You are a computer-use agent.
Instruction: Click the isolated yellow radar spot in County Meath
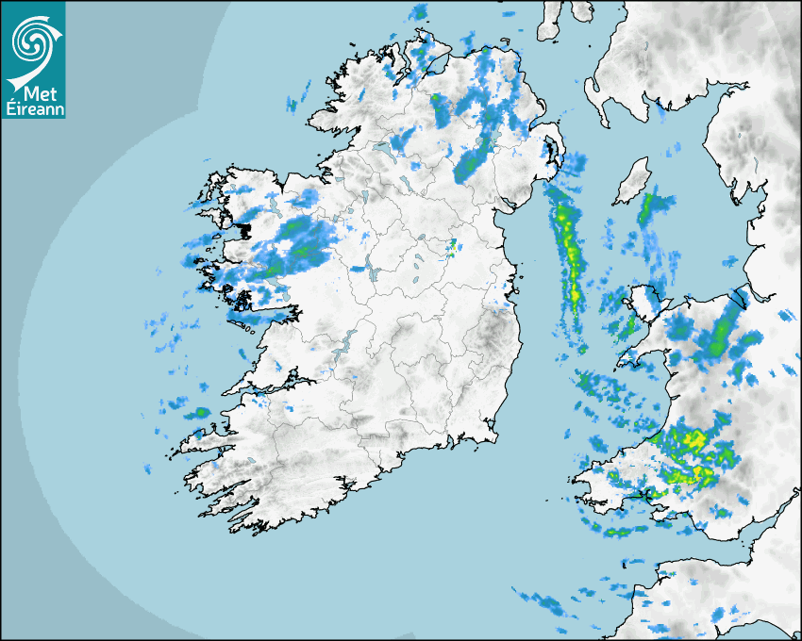pos(452,248)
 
